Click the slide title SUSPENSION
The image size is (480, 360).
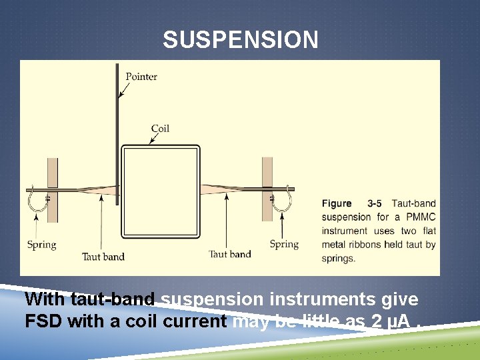[241, 41]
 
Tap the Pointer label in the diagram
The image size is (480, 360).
[141, 76]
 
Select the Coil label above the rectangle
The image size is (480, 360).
[160, 128]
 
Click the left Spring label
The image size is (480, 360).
[41, 245]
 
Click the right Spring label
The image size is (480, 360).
[284, 244]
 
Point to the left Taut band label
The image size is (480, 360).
[103, 256]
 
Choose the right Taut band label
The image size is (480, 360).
[230, 254]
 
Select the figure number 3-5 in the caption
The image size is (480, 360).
[375, 203]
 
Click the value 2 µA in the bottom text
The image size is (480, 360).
[387, 321]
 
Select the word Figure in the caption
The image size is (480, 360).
[337, 203]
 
